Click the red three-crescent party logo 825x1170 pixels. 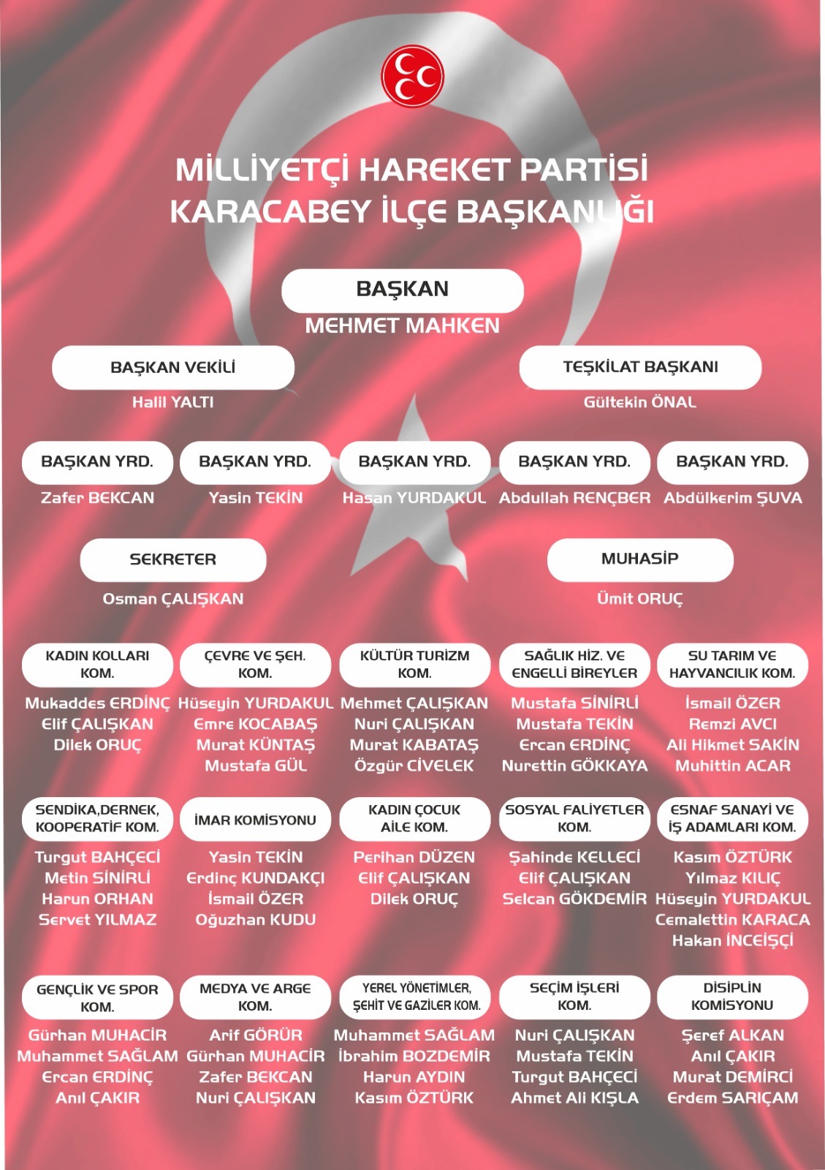[x=412, y=76]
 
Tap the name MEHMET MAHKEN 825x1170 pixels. [x=403, y=325]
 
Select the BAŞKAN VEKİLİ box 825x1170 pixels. [x=173, y=367]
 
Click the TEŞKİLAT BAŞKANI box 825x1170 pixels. [x=640, y=367]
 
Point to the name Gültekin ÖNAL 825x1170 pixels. [x=640, y=402]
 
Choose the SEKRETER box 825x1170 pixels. [x=173, y=559]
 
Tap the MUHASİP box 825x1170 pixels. [x=640, y=559]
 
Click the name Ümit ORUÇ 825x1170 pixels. [x=640, y=599]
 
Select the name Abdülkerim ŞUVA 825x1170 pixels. [x=733, y=498]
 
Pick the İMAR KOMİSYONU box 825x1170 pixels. [x=255, y=820]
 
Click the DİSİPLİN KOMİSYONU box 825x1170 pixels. [x=732, y=997]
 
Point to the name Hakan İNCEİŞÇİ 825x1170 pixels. [x=732, y=940]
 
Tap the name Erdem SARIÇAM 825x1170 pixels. [x=732, y=1098]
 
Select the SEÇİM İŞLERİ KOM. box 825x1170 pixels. [x=574, y=997]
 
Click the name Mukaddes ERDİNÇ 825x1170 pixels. [x=97, y=703]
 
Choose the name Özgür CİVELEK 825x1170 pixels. [x=414, y=766]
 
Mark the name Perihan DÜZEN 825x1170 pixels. [x=414, y=857]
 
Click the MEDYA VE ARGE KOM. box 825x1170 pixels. [x=255, y=997]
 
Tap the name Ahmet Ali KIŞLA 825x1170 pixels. [x=574, y=1098]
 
